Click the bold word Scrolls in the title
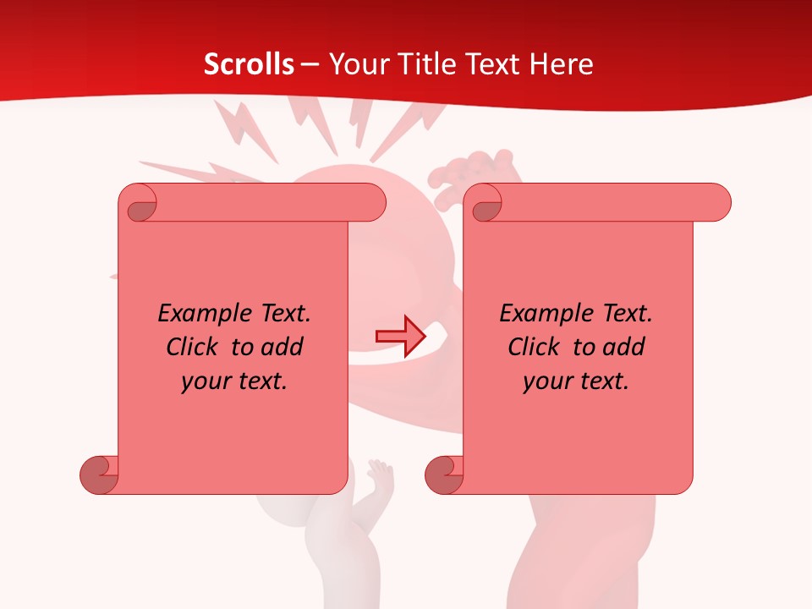point(249,64)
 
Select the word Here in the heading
point(561,64)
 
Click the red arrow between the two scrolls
point(400,336)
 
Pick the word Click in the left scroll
point(195,347)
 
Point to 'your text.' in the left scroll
point(234,381)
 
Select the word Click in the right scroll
point(536,347)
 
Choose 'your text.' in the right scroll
point(576,381)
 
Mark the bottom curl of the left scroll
point(98,475)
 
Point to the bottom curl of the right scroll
point(443,475)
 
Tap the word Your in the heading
point(357,64)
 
